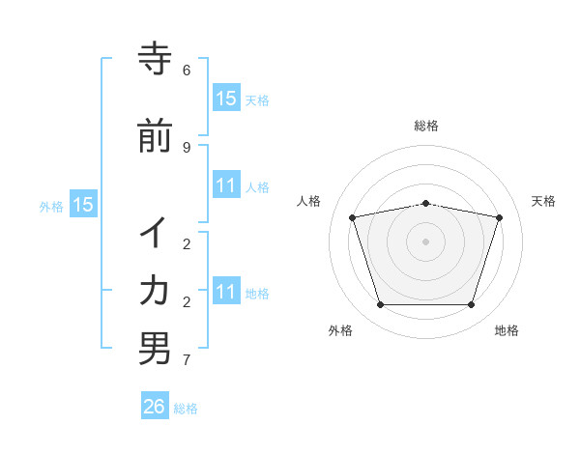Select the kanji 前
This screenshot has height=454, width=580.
click(155, 136)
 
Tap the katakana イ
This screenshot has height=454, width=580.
click(155, 234)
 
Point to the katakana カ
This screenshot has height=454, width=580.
click(155, 290)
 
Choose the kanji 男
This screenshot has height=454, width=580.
click(155, 349)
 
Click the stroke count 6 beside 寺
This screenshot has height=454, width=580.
click(187, 71)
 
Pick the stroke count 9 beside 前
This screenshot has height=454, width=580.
click(187, 147)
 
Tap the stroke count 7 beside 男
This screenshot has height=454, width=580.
click(187, 360)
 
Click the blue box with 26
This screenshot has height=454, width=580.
click(155, 407)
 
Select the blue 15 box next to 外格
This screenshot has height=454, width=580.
click(83, 205)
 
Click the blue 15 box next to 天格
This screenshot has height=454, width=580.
click(226, 98)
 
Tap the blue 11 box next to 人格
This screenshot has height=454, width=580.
click(226, 185)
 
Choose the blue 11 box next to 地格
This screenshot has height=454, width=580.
click(226, 292)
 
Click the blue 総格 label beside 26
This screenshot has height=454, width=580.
click(187, 409)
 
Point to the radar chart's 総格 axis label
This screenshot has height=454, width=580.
click(425, 126)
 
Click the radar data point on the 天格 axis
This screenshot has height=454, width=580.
click(499, 217)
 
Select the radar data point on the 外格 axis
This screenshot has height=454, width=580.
click(380, 305)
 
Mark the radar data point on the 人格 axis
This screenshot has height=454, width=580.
click(352, 217)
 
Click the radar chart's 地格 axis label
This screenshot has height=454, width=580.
click(507, 330)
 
